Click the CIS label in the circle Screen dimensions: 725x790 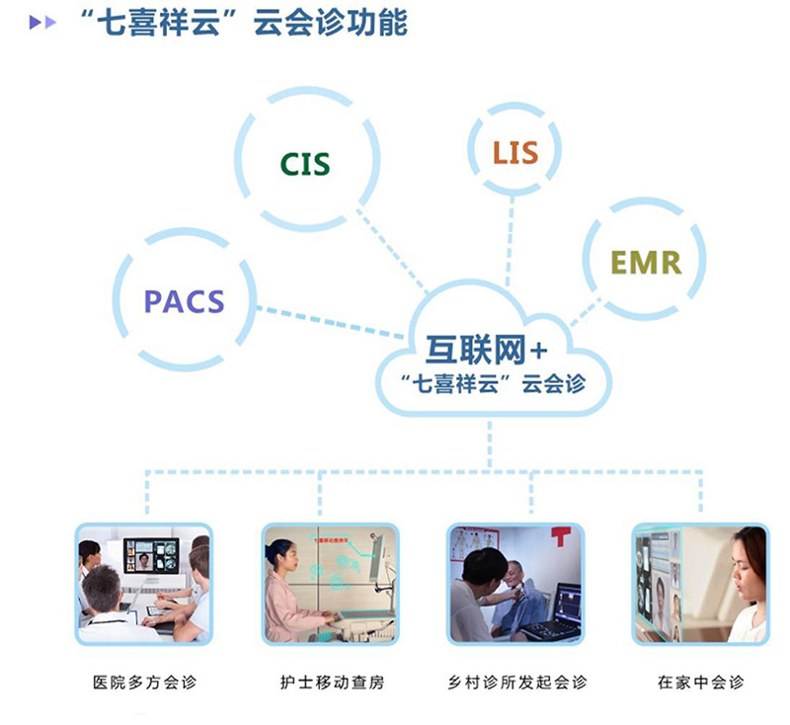[x=304, y=163]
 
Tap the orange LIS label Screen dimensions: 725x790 [x=515, y=152]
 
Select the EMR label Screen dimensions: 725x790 [x=645, y=262]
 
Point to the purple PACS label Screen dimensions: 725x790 [x=185, y=300]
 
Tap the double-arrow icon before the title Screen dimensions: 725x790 [x=42, y=24]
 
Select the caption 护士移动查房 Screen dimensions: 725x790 [x=328, y=682]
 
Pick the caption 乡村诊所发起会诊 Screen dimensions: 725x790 [x=516, y=682]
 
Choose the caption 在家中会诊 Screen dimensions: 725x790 [x=700, y=682]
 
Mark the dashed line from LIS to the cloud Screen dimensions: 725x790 [x=511, y=237]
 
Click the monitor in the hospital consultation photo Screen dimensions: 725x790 [x=150, y=559]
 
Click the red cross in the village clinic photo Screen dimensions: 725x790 [x=561, y=536]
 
